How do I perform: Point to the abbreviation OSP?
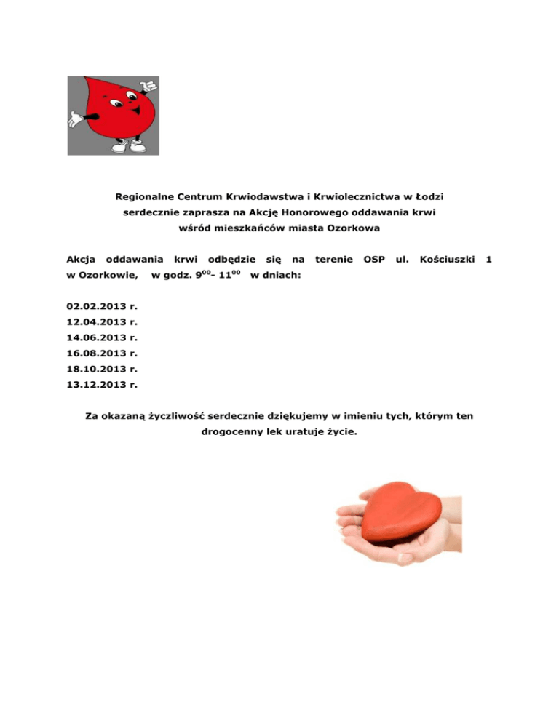point(373,258)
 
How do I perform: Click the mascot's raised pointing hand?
point(149,85)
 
